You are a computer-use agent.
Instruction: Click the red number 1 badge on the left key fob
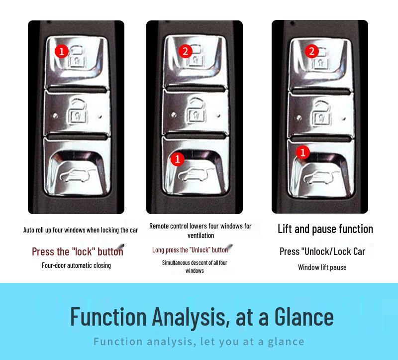[x=61, y=51]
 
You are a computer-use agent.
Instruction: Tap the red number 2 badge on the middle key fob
[x=185, y=51]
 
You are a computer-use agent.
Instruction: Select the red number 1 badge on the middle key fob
[x=178, y=159]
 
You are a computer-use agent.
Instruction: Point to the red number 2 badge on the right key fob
[x=312, y=51]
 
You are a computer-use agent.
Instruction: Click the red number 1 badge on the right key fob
[x=303, y=152]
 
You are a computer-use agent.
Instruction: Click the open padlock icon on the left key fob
[x=77, y=113]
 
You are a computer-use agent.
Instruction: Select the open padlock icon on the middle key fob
[x=196, y=112]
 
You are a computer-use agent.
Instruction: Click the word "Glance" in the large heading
[x=304, y=317]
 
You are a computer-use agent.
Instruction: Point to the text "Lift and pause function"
[x=325, y=229]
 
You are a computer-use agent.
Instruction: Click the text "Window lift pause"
[x=322, y=267]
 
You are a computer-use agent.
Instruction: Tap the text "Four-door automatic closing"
[x=77, y=265]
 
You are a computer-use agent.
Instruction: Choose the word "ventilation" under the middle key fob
[x=201, y=236]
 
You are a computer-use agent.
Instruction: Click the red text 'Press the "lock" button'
[x=78, y=252]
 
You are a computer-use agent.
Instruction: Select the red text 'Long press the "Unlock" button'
[x=190, y=250]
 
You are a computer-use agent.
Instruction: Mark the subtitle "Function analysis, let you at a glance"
[x=199, y=342]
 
